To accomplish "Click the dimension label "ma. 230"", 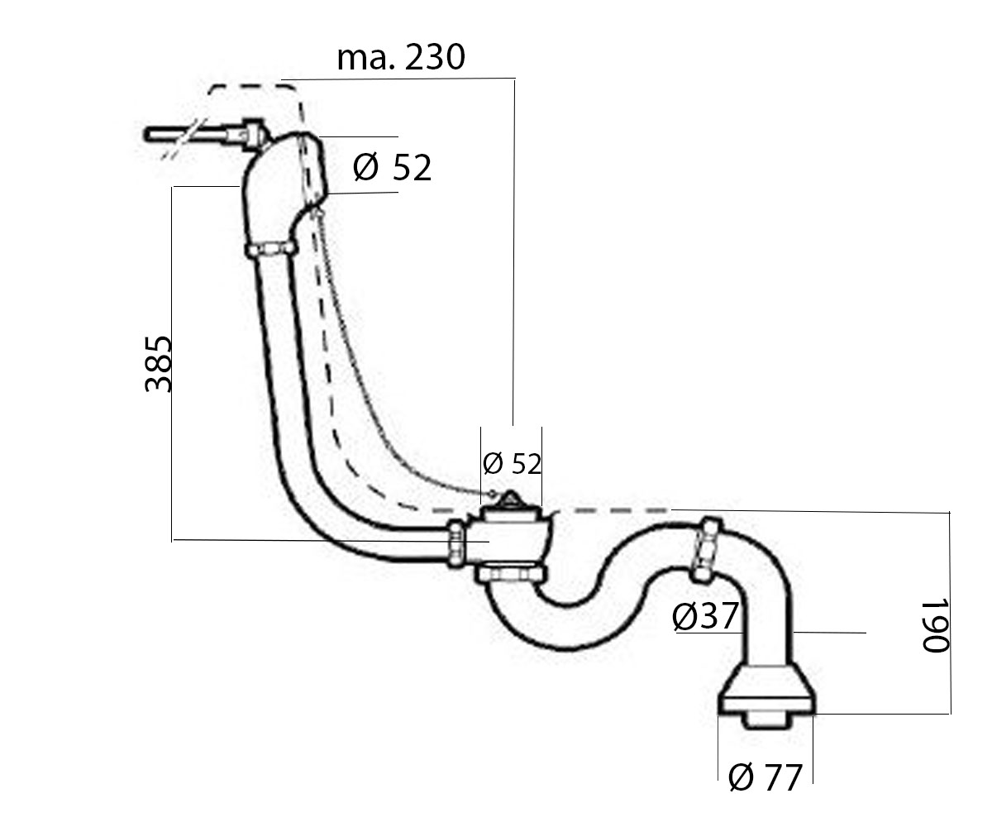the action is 400,57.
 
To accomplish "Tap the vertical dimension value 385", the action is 158,364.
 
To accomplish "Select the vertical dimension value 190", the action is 935,625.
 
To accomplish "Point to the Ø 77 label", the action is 765,777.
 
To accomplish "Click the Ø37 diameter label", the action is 705,616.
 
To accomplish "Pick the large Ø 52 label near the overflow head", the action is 392,167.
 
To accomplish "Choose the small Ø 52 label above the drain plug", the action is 512,463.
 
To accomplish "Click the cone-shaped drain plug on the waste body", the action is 510,500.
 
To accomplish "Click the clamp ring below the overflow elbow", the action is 269,249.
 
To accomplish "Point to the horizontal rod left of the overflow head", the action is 190,135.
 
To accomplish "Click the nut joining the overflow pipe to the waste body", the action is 456,543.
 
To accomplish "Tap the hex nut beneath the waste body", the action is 511,574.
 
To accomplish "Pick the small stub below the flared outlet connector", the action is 766,721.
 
